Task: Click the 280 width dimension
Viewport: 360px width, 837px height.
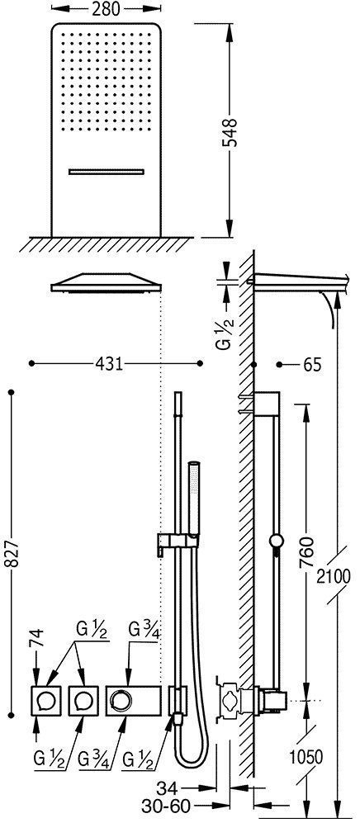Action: (106, 8)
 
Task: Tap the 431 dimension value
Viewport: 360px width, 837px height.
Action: (109, 363)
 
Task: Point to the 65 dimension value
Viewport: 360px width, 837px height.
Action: (312, 365)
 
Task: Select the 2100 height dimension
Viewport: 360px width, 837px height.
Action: (334, 576)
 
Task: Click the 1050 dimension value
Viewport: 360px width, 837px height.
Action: (306, 757)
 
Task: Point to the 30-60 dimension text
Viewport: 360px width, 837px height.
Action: (166, 806)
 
